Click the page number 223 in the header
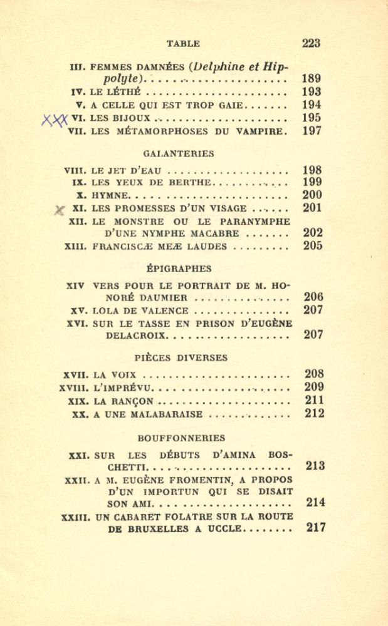click(x=311, y=43)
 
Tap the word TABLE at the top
click(x=183, y=44)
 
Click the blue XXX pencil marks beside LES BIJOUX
click(x=55, y=119)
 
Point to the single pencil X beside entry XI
click(x=60, y=210)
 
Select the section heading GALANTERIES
click(x=179, y=153)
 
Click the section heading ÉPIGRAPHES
click(x=179, y=269)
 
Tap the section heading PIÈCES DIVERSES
click(x=180, y=358)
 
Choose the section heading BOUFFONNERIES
click(x=181, y=438)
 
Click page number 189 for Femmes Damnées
click(x=312, y=79)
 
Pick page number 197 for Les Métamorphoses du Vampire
click(x=312, y=131)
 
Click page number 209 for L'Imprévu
click(x=313, y=387)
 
